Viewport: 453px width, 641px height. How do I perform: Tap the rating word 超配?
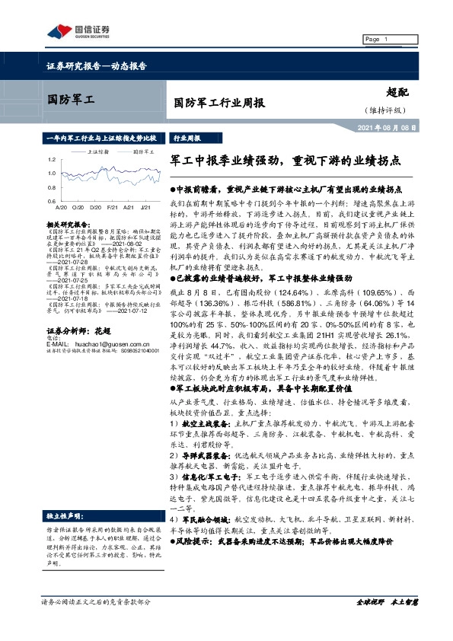397,90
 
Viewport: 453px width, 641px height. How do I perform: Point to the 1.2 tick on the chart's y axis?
50,160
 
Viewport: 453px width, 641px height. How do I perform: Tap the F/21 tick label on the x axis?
111,206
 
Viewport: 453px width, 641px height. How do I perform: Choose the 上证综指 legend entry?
99,151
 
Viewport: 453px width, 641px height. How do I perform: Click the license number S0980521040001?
139,329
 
